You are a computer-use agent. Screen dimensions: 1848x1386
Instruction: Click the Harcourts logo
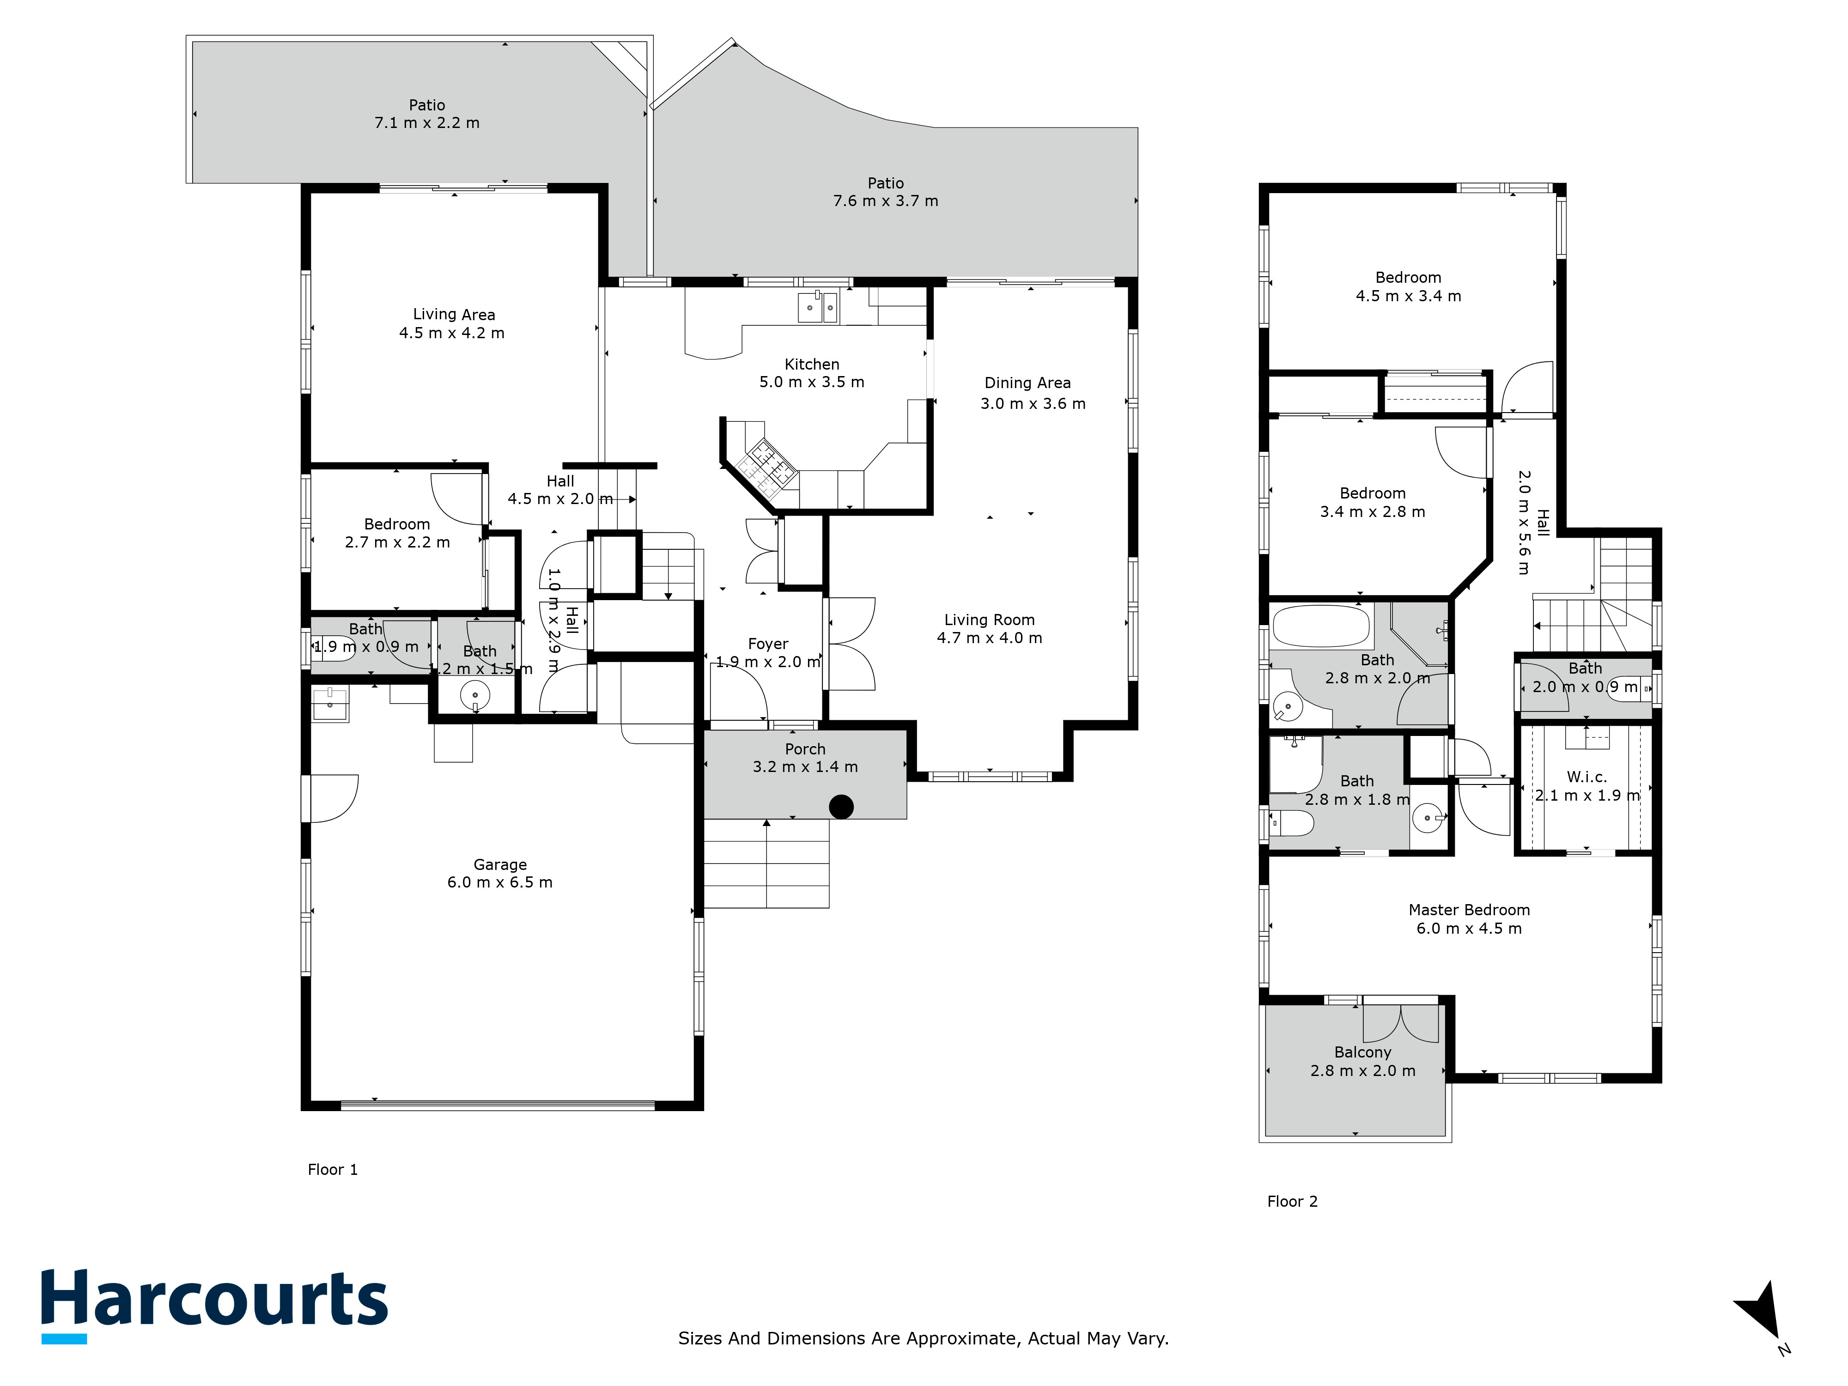pyautogui.click(x=215, y=1306)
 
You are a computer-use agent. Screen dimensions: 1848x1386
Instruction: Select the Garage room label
pyautogui.click(x=499, y=865)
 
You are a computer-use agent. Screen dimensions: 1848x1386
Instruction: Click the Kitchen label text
pyautogui.click(x=811, y=364)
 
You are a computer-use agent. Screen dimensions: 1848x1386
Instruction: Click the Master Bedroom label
pyautogui.click(x=1469, y=910)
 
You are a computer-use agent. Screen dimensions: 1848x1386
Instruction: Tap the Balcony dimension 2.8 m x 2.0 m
pyautogui.click(x=1362, y=1071)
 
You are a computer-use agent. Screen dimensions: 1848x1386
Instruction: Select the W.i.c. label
pyautogui.click(x=1587, y=777)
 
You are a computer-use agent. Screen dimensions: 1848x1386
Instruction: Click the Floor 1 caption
pyautogui.click(x=333, y=1170)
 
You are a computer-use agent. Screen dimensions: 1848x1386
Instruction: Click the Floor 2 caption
pyautogui.click(x=1292, y=1201)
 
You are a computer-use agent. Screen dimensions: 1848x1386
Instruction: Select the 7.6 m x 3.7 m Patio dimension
pyautogui.click(x=886, y=201)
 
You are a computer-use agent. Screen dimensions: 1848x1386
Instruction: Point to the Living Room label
pyautogui.click(x=989, y=620)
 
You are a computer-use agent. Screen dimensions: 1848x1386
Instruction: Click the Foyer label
pyautogui.click(x=768, y=644)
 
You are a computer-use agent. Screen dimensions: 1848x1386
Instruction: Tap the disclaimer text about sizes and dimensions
pyautogui.click(x=923, y=1338)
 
